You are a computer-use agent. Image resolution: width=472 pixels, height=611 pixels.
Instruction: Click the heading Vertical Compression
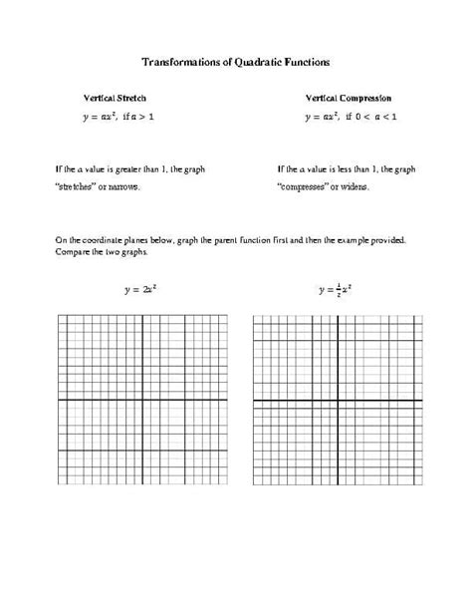click(x=349, y=99)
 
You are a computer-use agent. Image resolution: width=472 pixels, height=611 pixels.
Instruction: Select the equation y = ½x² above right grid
click(x=335, y=290)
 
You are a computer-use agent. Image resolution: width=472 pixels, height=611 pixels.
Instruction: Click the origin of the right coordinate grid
click(x=335, y=401)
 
